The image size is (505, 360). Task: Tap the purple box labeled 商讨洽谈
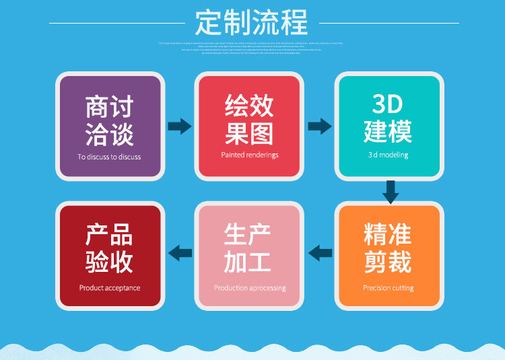point(109,126)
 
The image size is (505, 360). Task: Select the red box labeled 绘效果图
point(249,126)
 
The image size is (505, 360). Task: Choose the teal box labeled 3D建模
point(389,126)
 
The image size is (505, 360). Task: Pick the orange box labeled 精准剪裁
point(389,256)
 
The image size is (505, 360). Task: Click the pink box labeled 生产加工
point(249,256)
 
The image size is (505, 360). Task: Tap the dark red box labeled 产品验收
point(109,256)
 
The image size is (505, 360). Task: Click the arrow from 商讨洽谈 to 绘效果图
point(179,126)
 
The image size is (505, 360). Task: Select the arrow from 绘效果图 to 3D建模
point(319,126)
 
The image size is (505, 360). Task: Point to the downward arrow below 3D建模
point(390,192)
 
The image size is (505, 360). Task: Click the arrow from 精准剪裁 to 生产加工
point(320,253)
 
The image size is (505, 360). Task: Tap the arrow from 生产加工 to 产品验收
point(180,253)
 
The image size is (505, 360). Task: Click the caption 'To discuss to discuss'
point(109,157)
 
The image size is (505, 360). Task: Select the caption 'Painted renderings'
point(249,155)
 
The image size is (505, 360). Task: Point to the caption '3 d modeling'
point(388,155)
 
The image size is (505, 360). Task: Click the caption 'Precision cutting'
point(388,288)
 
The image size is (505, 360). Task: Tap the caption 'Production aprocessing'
point(249,288)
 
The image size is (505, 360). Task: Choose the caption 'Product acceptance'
point(109,288)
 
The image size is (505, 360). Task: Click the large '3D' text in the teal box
point(387,104)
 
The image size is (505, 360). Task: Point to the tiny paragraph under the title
point(252,47)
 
